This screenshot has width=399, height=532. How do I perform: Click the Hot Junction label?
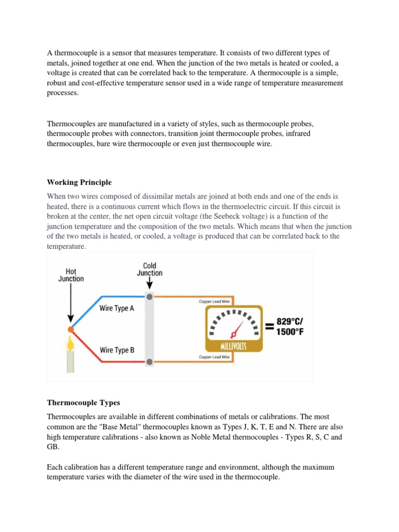click(71, 275)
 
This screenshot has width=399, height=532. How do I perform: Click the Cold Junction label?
click(150, 269)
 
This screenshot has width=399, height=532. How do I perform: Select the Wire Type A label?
click(117, 308)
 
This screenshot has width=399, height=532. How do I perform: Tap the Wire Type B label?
click(117, 350)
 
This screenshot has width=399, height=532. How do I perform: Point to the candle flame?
click(70, 343)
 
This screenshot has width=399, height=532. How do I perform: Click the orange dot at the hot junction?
click(71, 329)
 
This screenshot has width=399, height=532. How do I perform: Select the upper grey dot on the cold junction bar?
click(150, 297)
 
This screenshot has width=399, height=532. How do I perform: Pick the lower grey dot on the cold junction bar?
click(150, 362)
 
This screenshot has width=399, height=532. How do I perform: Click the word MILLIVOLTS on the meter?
click(234, 346)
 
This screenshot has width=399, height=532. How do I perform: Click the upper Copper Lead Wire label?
click(215, 301)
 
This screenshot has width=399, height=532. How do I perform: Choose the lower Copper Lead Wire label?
click(215, 357)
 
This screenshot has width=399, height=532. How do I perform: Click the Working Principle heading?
click(79, 182)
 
